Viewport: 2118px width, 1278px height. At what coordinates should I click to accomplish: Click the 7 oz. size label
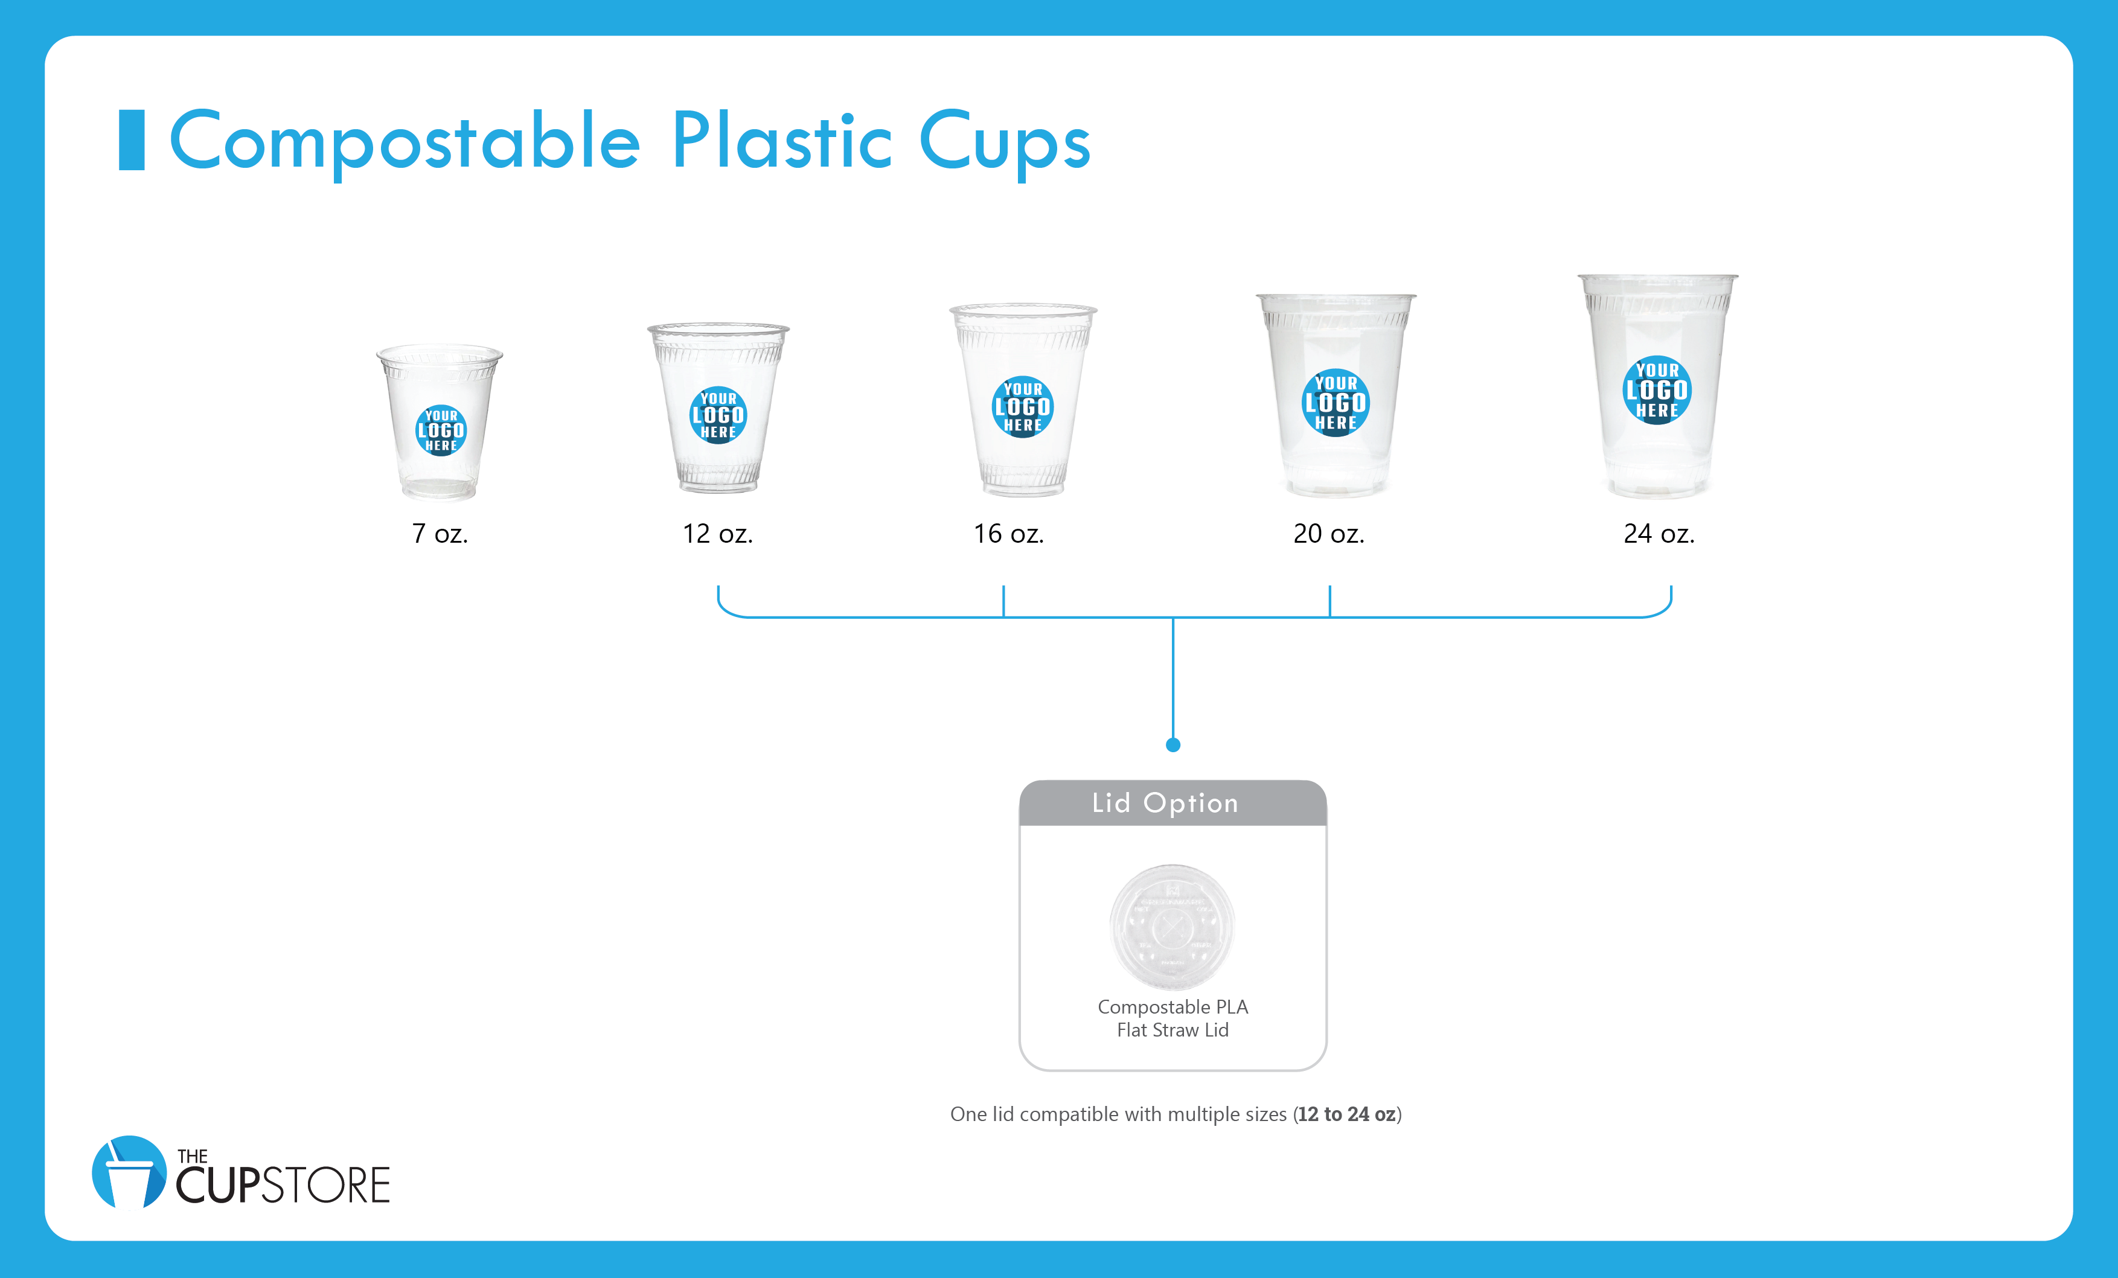point(440,534)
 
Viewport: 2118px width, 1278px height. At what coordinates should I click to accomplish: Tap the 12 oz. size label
point(718,534)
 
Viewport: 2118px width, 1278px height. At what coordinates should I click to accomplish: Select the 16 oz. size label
point(1008,534)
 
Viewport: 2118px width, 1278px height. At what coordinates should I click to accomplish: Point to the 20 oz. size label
point(1329,534)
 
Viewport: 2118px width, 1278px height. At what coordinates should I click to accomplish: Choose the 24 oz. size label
point(1659,534)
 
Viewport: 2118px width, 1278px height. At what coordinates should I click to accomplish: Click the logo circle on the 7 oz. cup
point(441,430)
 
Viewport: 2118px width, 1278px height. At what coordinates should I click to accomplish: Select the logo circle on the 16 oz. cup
point(1023,406)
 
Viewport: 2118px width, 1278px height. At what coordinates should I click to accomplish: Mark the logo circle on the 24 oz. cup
point(1657,390)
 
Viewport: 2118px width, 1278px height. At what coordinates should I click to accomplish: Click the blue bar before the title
point(132,140)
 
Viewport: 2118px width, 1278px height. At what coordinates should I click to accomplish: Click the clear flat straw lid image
point(1172,927)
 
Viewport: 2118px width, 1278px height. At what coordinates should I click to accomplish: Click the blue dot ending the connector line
point(1173,745)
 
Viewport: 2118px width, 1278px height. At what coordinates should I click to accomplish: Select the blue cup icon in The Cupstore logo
point(129,1173)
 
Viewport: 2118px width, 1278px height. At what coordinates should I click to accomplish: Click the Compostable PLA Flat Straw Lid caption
point(1173,1018)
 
